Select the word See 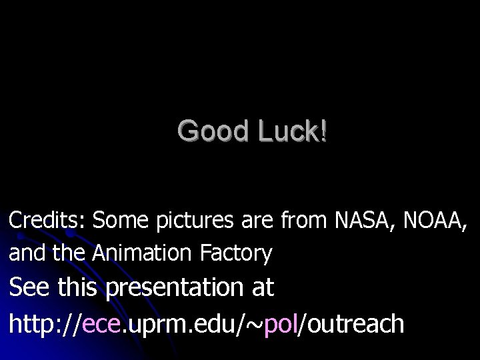pyautogui.click(x=30, y=287)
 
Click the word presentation pyautogui.click(x=176, y=289)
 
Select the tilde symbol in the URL pyautogui.click(x=255, y=325)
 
